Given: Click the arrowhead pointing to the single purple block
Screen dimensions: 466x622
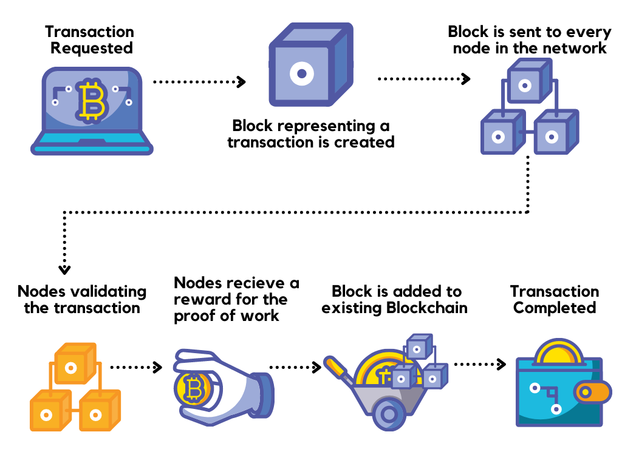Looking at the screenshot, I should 242,81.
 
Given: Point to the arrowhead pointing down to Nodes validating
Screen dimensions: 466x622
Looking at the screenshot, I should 64,269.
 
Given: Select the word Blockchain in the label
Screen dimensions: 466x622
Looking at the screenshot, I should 427,308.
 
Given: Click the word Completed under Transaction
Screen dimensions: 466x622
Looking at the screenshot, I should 555,308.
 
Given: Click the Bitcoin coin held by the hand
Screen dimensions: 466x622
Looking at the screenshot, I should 193,388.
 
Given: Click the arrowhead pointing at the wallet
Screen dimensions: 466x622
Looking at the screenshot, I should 502,364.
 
